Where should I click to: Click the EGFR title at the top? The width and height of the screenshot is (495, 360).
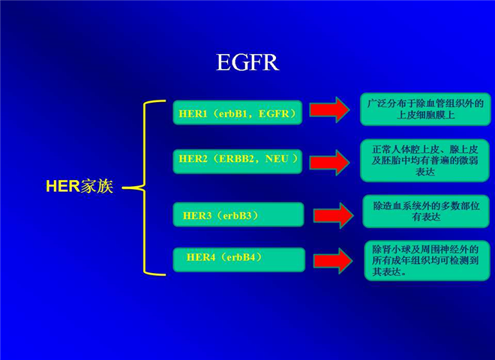tap(247, 62)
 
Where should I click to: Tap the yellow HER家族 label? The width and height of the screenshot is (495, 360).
tap(79, 186)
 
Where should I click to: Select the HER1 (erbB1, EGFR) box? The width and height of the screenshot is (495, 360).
tap(238, 112)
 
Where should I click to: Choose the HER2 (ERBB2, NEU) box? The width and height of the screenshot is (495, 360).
tap(238, 161)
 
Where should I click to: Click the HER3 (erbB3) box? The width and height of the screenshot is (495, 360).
tap(238, 214)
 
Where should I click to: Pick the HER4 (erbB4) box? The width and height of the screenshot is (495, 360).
tap(239, 259)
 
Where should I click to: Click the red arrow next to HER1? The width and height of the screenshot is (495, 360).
tap(329, 110)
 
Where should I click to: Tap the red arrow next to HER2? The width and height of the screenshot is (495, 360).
tap(329, 163)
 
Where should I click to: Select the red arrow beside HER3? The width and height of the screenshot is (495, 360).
tap(333, 215)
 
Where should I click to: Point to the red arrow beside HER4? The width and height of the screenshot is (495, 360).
tap(333, 261)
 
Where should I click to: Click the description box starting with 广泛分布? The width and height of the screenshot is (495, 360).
tap(425, 109)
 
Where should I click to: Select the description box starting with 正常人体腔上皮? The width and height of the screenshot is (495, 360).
tap(425, 160)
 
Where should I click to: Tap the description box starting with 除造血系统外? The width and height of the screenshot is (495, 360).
tap(426, 211)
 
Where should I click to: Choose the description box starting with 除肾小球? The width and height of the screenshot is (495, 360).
tap(427, 260)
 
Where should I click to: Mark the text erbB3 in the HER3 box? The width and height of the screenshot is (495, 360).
tap(237, 216)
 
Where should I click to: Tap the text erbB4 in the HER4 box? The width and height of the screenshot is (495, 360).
tap(241, 257)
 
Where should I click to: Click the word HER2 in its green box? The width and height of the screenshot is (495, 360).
tap(193, 158)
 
